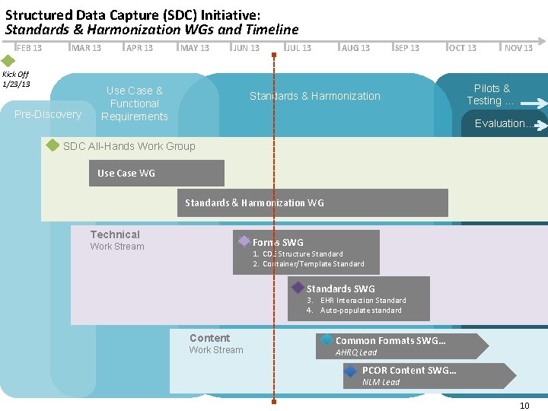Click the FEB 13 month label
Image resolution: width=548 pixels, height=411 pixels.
(x=29, y=48)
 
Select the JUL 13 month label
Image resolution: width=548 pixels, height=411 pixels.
(x=298, y=48)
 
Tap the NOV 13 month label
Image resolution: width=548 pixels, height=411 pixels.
(x=518, y=48)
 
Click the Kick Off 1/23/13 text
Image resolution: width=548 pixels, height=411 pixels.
(x=16, y=78)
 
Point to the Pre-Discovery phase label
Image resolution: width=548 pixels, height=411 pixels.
(x=48, y=114)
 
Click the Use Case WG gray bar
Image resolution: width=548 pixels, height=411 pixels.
(x=157, y=173)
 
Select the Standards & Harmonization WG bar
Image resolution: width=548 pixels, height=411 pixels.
(x=313, y=202)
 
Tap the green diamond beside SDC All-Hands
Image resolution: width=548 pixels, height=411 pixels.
(x=53, y=145)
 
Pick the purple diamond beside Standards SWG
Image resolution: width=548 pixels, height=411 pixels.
(x=298, y=288)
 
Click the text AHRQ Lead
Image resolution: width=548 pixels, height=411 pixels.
(x=356, y=352)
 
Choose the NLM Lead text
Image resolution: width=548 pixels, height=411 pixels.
(x=381, y=382)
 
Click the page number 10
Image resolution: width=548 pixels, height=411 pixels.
(x=524, y=405)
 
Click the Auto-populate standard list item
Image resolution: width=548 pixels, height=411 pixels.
(x=360, y=311)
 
